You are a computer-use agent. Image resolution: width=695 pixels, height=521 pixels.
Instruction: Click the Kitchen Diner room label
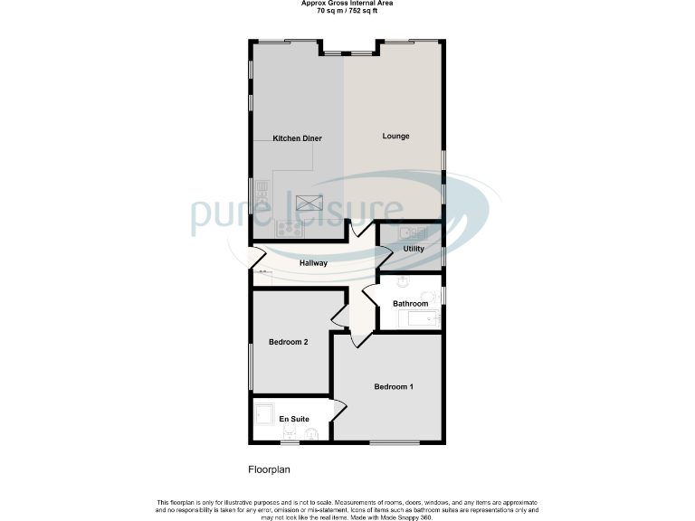(298, 138)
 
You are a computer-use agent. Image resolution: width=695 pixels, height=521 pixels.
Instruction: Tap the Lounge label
(395, 137)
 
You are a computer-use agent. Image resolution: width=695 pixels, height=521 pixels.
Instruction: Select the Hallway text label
(313, 263)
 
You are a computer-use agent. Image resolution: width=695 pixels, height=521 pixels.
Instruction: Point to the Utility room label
(414, 249)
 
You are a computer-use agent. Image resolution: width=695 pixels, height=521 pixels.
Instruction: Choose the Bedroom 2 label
(289, 342)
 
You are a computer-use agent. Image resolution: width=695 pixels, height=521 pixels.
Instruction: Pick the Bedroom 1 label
(394, 387)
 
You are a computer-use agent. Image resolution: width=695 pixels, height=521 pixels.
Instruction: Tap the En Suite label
(294, 419)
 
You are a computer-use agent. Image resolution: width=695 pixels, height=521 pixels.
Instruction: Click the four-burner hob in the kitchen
(290, 229)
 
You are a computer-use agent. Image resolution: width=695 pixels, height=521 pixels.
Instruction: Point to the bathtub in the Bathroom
(421, 318)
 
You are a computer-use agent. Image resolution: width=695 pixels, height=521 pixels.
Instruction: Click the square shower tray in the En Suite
(266, 413)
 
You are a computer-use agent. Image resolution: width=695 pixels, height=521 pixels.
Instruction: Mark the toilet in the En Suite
(312, 434)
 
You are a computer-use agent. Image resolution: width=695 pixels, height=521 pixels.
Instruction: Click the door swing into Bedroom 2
(339, 315)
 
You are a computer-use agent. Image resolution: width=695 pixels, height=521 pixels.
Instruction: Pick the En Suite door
(338, 408)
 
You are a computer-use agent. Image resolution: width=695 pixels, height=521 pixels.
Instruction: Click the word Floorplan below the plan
(269, 470)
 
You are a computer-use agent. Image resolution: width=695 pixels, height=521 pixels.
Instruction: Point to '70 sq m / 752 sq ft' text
(347, 12)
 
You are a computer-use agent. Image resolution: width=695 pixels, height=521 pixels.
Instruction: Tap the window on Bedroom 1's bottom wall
(394, 442)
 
